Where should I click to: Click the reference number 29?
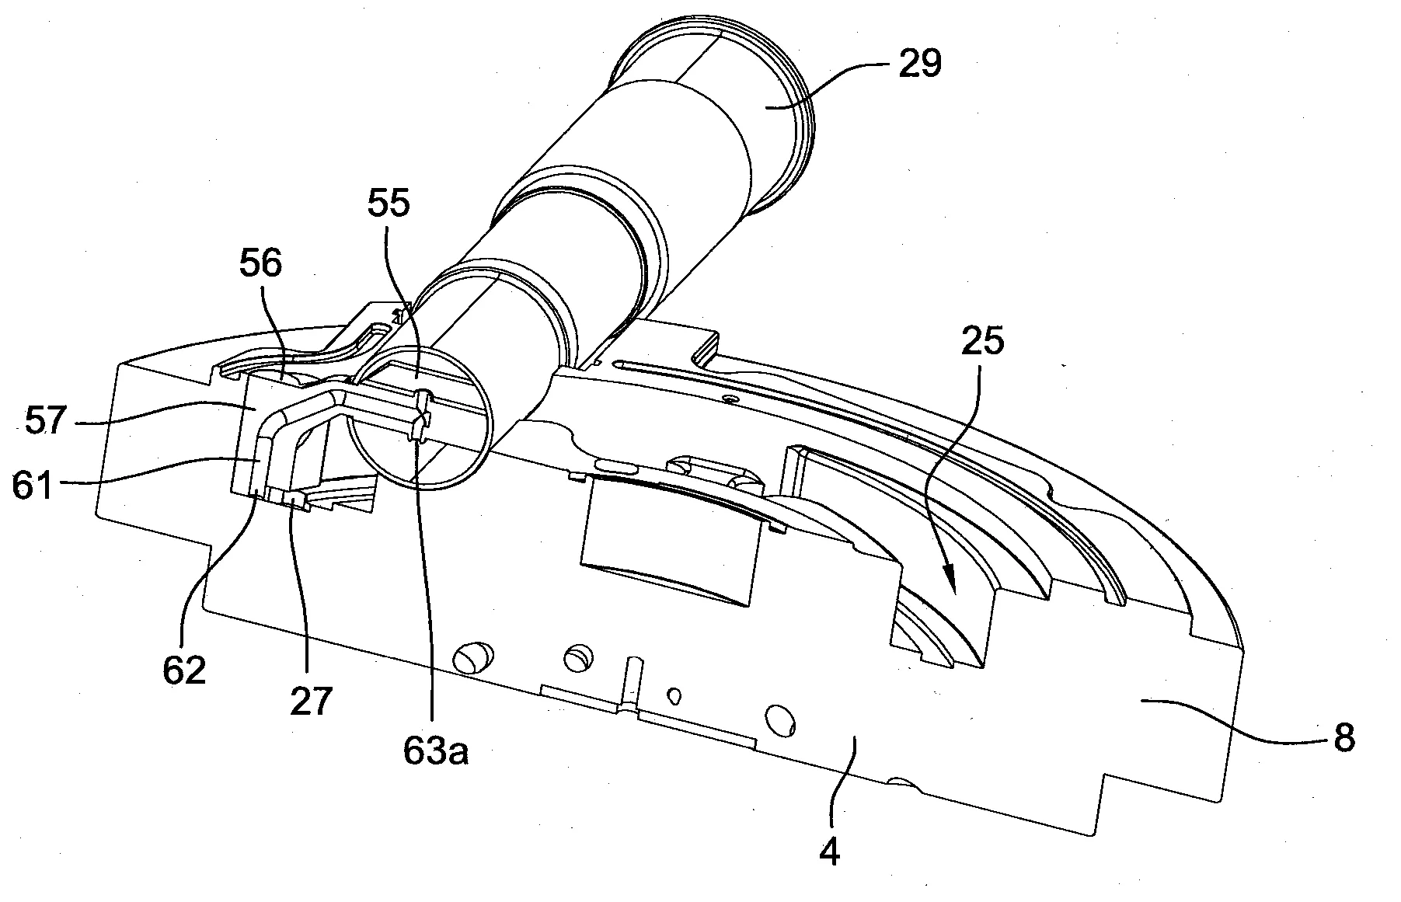tap(920, 64)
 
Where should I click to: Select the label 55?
tap(390, 205)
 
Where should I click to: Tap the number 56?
tap(261, 264)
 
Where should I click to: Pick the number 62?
tap(184, 670)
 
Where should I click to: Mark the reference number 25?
tap(983, 342)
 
